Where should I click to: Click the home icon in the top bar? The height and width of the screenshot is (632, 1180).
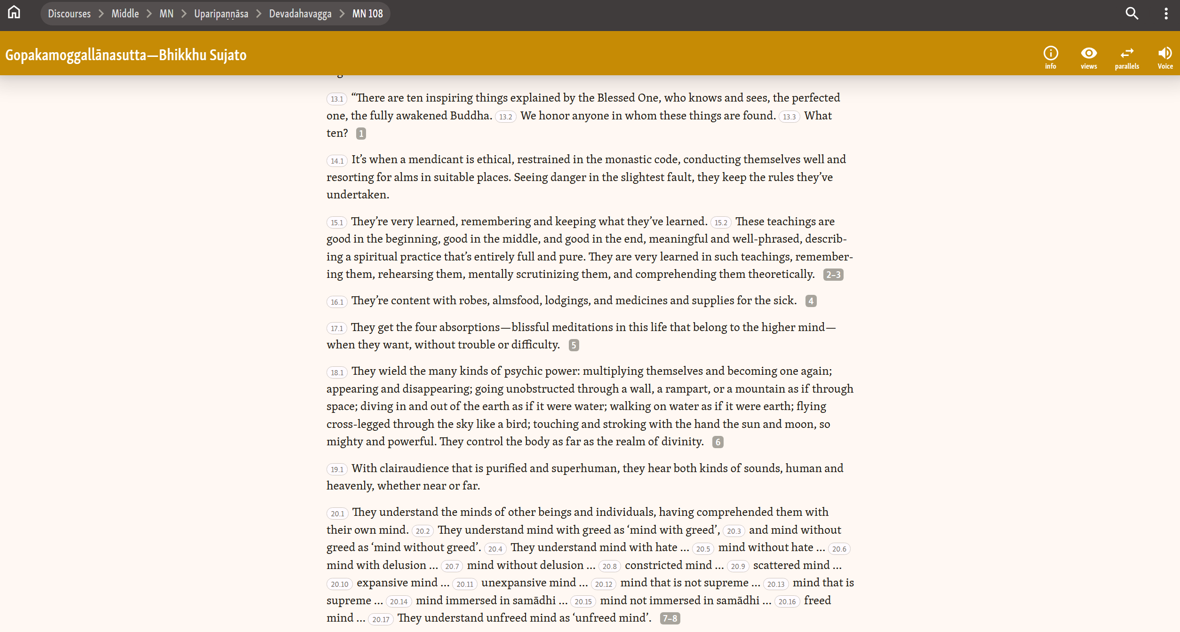click(x=14, y=13)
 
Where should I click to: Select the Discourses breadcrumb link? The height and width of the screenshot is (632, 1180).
click(x=69, y=14)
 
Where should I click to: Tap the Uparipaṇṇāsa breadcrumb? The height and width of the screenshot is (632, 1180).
click(x=221, y=14)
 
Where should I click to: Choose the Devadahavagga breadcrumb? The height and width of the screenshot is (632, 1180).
click(x=300, y=14)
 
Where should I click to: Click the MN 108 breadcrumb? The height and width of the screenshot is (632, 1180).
click(x=367, y=14)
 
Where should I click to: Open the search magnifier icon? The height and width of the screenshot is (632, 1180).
click(x=1132, y=14)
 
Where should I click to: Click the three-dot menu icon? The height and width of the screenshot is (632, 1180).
click(x=1166, y=14)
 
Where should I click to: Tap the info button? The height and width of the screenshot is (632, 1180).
click(x=1051, y=57)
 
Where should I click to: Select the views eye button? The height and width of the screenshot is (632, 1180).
click(x=1089, y=57)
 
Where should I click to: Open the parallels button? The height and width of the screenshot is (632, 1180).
click(x=1127, y=57)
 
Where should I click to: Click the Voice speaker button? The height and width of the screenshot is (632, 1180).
click(x=1165, y=57)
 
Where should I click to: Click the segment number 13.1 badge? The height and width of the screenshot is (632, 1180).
click(x=337, y=99)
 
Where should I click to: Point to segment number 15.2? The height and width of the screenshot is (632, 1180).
click(x=721, y=222)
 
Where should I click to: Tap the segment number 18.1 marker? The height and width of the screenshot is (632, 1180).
click(x=337, y=372)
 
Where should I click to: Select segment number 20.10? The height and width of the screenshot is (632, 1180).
click(x=339, y=584)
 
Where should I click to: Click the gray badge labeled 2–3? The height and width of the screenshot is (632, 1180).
click(x=833, y=275)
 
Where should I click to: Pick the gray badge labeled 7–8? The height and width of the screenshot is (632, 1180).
click(x=670, y=618)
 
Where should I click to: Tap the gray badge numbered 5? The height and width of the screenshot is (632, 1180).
click(x=574, y=345)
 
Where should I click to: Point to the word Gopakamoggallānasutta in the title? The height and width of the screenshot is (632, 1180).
click(x=76, y=55)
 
